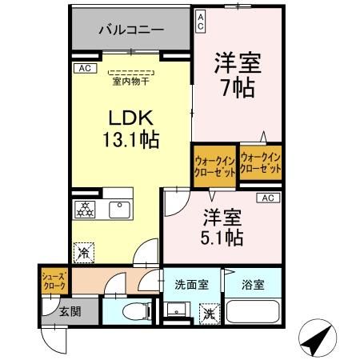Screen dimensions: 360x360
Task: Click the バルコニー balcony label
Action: click(x=131, y=30)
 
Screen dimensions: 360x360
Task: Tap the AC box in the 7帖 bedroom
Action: click(x=200, y=21)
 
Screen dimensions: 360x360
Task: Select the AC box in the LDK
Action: click(x=83, y=69)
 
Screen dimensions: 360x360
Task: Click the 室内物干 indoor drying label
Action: click(x=131, y=79)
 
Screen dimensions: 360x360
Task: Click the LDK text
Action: click(x=130, y=118)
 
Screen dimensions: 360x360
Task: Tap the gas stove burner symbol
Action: click(x=84, y=210)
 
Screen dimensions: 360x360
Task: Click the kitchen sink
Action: click(x=119, y=210)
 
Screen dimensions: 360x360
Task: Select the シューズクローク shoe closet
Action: click(x=53, y=282)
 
